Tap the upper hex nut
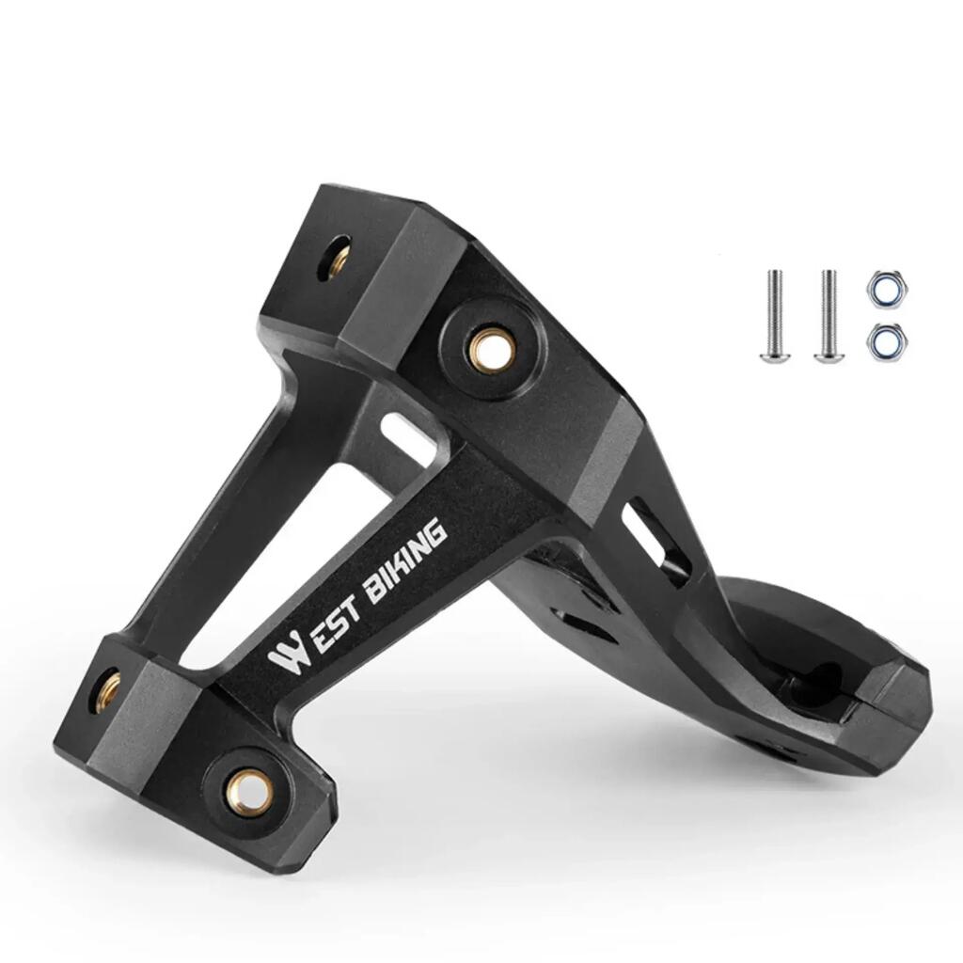(x=888, y=288)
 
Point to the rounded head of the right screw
(x=828, y=354)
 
